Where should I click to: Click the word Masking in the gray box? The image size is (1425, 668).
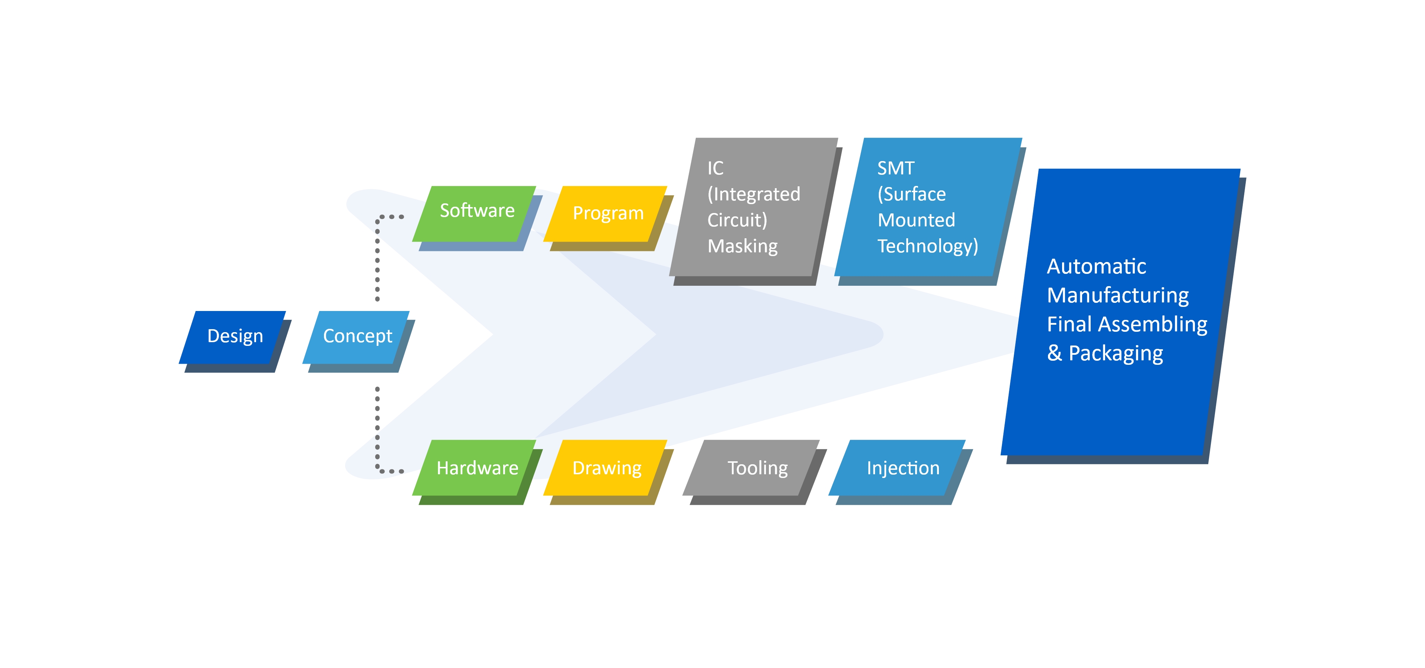pos(742,246)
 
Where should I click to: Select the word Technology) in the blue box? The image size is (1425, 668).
pos(928,246)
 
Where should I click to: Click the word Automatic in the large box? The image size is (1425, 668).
pos(1097,266)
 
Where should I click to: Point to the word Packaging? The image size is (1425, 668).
pos(1116,353)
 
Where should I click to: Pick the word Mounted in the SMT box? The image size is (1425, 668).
pos(916,220)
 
